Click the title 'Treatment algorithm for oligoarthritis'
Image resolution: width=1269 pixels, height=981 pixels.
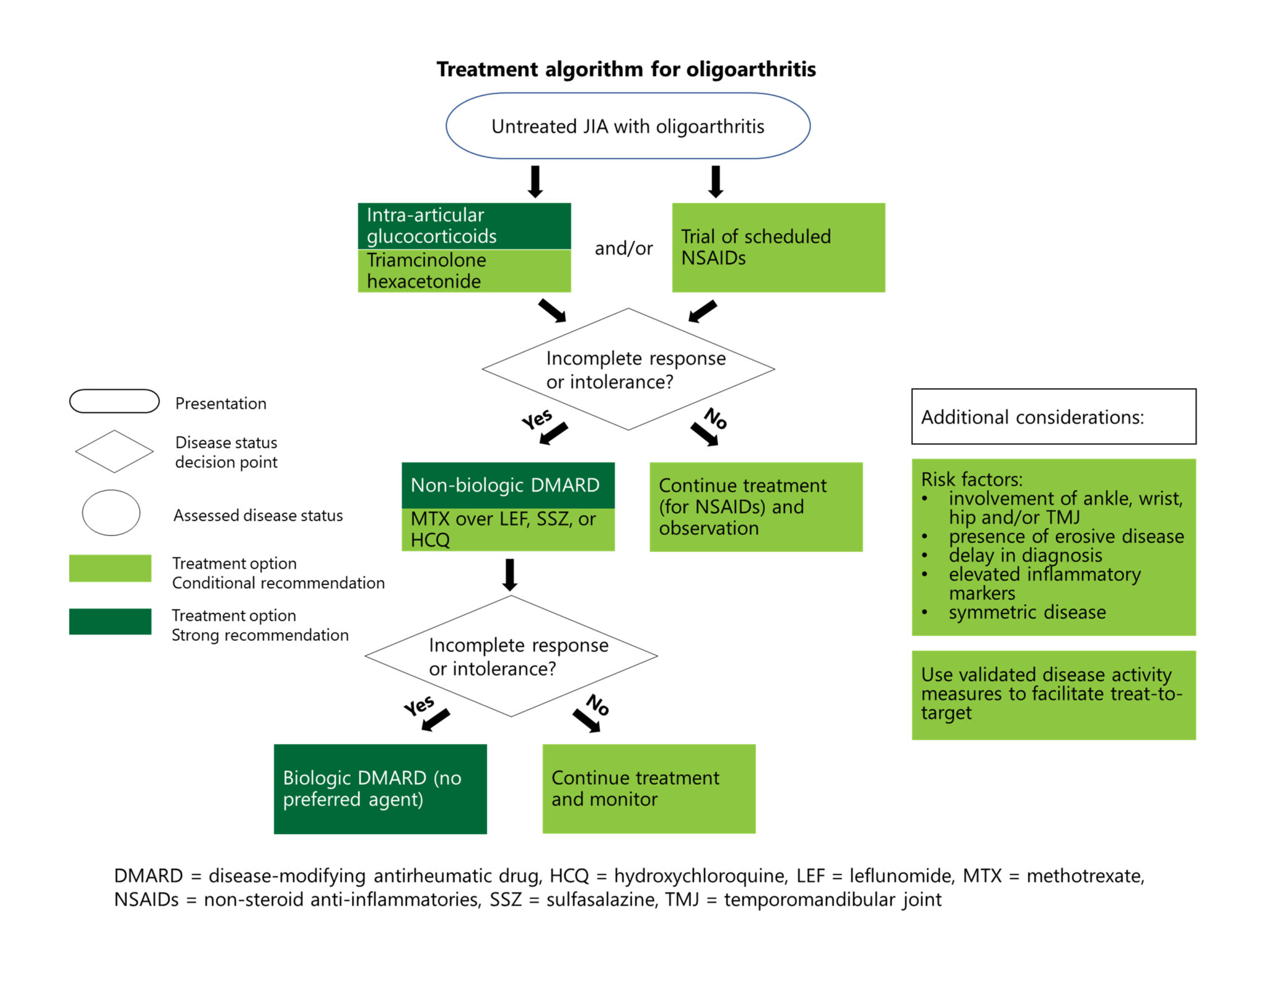tap(626, 69)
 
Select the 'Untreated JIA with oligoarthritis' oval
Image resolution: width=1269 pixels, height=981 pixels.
tap(628, 126)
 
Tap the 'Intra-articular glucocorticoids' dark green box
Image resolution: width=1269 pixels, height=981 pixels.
tap(464, 226)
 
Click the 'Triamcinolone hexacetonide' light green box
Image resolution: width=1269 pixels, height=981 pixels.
tap(464, 271)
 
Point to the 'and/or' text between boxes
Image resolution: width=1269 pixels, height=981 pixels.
tap(623, 249)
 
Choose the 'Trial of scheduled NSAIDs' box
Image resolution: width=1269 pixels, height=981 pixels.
tap(778, 247)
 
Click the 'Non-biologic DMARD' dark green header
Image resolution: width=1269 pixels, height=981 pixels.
tap(507, 485)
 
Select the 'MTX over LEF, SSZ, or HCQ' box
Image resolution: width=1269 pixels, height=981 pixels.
tap(507, 529)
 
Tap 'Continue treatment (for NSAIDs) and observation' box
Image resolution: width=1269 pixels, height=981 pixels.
tap(755, 506)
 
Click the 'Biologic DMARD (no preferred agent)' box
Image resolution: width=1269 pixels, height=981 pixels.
tap(380, 788)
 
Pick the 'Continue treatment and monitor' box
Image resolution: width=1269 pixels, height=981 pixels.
tap(649, 788)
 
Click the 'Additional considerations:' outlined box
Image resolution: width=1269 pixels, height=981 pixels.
tap(1053, 416)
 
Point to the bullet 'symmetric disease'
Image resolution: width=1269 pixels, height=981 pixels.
tap(1027, 612)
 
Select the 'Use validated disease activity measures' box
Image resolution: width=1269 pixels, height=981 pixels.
tap(1053, 694)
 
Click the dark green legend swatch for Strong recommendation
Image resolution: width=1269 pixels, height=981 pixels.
tap(110, 622)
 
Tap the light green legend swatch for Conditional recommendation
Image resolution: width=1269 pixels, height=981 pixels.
tap(110, 568)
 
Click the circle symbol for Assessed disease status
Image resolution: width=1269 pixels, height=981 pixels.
tap(111, 512)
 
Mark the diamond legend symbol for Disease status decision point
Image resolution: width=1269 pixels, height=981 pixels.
tap(114, 451)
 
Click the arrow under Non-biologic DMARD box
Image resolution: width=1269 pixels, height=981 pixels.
tap(509, 574)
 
